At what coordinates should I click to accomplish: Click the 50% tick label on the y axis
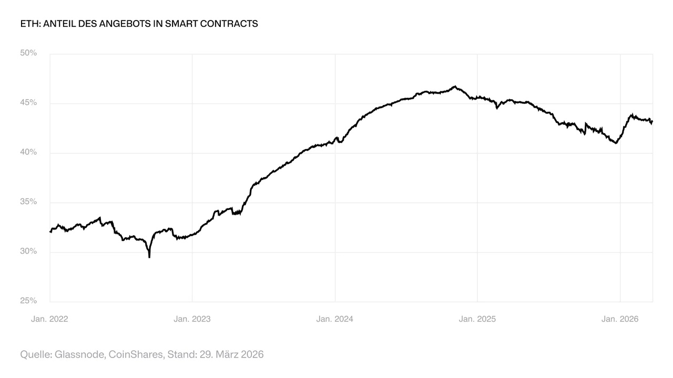pyautogui.click(x=28, y=53)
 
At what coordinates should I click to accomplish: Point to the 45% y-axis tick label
pyautogui.click(x=28, y=102)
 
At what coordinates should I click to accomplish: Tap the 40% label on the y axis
pyautogui.click(x=28, y=152)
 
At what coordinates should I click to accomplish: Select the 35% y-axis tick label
pyautogui.click(x=28, y=202)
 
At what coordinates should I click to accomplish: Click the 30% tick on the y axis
pyautogui.click(x=28, y=251)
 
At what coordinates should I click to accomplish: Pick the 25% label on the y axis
pyautogui.click(x=28, y=301)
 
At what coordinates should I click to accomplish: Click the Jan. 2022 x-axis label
pyautogui.click(x=49, y=319)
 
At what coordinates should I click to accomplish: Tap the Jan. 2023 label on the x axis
pyautogui.click(x=192, y=319)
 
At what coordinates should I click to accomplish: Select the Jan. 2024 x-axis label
pyautogui.click(x=335, y=319)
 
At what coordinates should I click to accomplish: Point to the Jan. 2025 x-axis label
pyautogui.click(x=477, y=319)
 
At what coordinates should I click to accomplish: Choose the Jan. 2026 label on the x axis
pyautogui.click(x=620, y=319)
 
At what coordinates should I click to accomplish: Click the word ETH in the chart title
pyautogui.click(x=28, y=24)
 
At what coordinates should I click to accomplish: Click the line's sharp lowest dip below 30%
pyautogui.click(x=149, y=257)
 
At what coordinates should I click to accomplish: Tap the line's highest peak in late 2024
pyautogui.click(x=455, y=87)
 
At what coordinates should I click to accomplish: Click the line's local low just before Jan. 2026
pyautogui.click(x=616, y=143)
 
